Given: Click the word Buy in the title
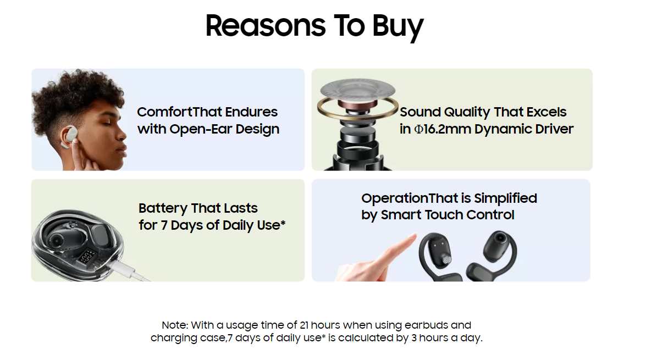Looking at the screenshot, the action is point(397,26).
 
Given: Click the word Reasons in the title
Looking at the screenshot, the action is point(265,26).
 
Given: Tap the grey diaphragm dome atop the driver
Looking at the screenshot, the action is point(357,90).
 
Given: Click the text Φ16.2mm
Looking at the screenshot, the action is point(443,129).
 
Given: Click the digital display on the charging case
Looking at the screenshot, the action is point(87,255).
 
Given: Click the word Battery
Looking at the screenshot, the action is point(163,208).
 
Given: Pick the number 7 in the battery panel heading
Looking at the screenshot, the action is point(164,225).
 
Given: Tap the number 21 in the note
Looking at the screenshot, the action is point(304,325).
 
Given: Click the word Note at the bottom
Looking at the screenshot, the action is point(175,325).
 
